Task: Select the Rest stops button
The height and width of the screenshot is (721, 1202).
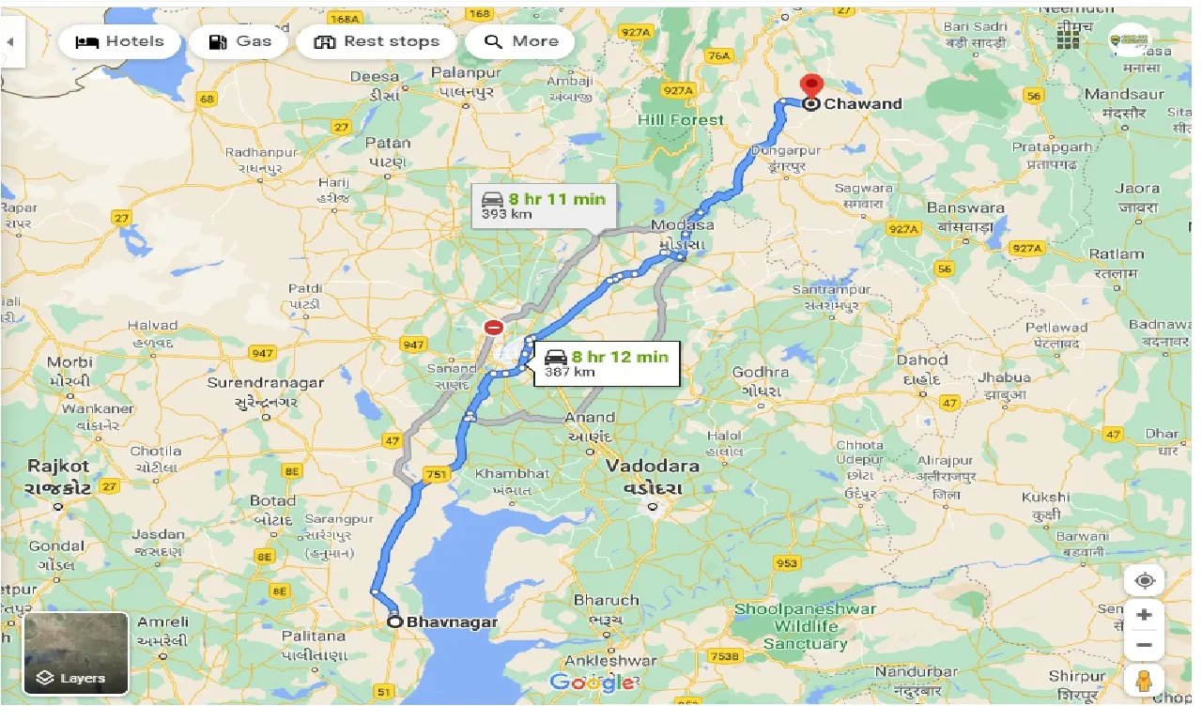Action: coord(376,42)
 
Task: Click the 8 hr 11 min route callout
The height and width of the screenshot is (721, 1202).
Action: coord(544,205)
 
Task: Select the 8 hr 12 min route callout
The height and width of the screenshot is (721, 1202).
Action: coord(607,362)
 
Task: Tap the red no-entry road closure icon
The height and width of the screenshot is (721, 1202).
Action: coord(493,328)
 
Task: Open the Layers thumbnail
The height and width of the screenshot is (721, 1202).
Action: coord(76,653)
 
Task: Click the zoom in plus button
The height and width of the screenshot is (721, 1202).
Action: coord(1144,615)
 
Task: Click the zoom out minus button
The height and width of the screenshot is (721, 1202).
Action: coord(1144,646)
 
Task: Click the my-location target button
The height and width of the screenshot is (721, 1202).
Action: coord(1144,580)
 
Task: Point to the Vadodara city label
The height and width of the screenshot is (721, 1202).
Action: coord(652,467)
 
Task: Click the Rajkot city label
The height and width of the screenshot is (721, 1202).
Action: coord(58,466)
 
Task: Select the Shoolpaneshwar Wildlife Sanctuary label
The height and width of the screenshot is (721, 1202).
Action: coord(805,626)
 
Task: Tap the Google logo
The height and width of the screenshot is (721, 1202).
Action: coord(592,683)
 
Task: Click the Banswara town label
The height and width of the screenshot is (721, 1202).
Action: coord(965,207)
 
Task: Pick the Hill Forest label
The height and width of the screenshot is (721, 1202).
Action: coord(681,120)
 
